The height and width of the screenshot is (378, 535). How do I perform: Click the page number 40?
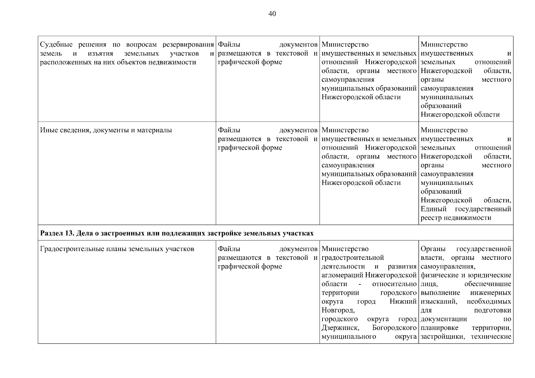click(x=272, y=14)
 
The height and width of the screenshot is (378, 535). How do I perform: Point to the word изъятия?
click(x=101, y=54)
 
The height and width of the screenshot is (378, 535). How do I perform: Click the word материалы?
click(x=154, y=130)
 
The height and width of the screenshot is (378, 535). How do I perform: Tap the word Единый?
click(x=433, y=209)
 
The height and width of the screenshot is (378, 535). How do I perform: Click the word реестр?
click(x=431, y=218)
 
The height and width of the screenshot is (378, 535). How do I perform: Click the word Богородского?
click(x=394, y=328)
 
